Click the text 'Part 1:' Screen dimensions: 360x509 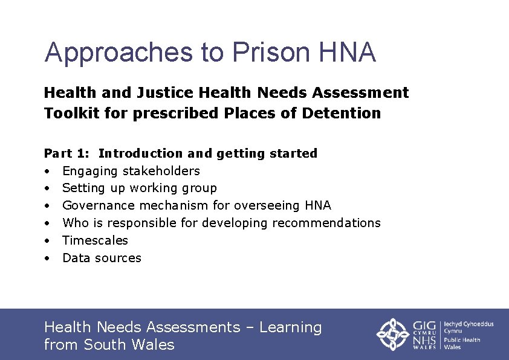tap(66, 153)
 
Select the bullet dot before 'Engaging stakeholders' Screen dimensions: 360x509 tap(47, 172)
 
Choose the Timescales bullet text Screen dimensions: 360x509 tap(96, 240)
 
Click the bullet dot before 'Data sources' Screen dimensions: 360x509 tap(47, 259)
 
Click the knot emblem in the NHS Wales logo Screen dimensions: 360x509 tap(394, 334)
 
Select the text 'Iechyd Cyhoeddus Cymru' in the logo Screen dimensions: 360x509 tap(468, 327)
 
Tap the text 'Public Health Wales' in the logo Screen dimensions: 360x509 tap(462, 343)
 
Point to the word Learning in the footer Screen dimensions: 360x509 tap(291, 327)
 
